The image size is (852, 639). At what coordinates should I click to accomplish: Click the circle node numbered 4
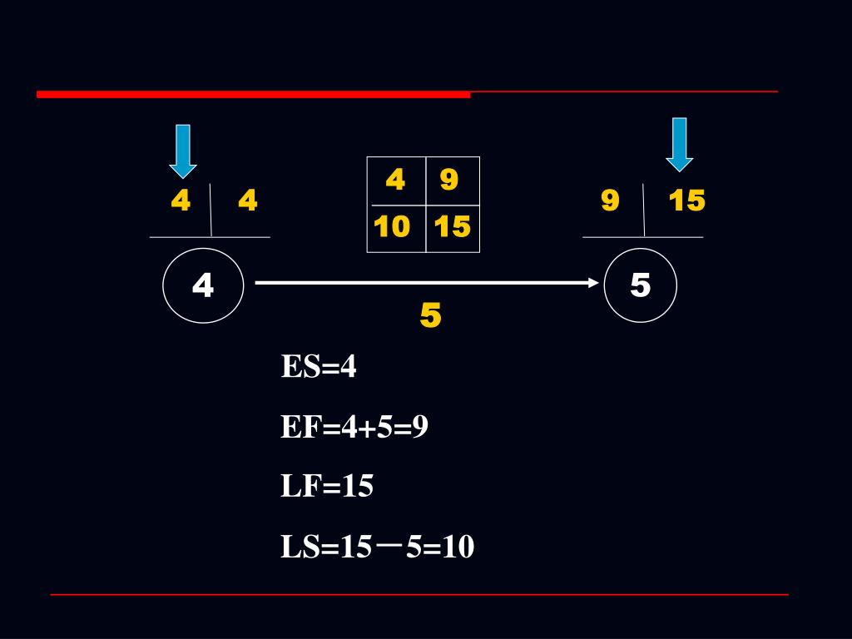coord(203,286)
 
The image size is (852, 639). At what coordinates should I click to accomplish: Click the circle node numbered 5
coord(640,285)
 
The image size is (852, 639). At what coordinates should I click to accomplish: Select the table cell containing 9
coord(451,180)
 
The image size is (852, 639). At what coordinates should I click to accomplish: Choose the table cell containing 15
coord(453,226)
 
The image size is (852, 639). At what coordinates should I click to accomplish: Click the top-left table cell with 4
coord(395,180)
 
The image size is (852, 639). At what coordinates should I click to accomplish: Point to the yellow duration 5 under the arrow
coord(430,315)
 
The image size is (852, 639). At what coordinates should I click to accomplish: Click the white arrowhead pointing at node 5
coord(593,283)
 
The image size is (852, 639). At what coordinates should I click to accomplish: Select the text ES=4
coord(319,366)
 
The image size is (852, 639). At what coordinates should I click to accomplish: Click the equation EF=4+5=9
coord(354,427)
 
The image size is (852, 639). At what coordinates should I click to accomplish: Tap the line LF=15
coord(327,486)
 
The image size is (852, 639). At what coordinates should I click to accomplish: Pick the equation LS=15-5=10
coord(377,547)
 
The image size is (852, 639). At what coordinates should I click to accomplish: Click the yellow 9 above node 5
coord(610,201)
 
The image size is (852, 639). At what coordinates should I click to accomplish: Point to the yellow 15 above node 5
coord(686,201)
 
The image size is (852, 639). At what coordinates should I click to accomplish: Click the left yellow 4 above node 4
coord(181,201)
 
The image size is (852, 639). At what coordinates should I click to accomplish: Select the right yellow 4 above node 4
coord(247,201)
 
